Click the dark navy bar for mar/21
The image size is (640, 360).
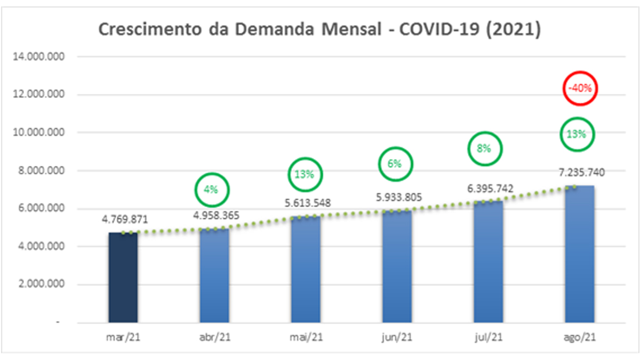tap(123, 277)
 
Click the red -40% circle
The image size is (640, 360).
tap(579, 89)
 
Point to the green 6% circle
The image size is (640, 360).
tap(395, 164)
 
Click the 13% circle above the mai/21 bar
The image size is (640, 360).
tap(305, 174)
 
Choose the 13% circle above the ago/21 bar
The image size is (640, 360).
tap(577, 134)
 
